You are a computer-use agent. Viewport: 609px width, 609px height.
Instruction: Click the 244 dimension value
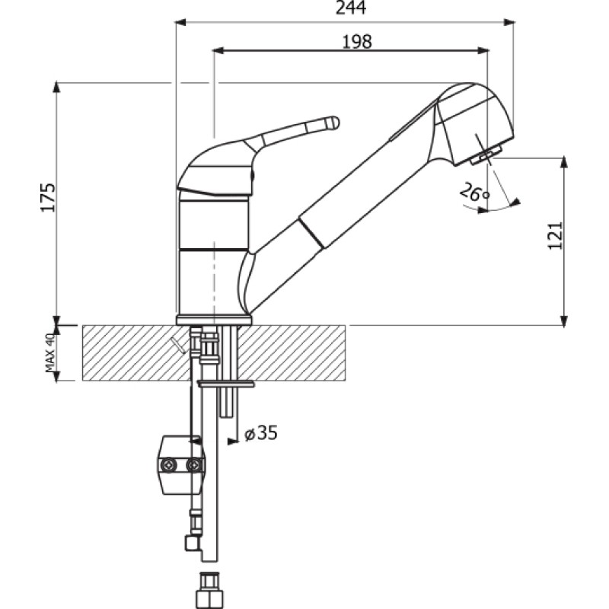coord(351,8)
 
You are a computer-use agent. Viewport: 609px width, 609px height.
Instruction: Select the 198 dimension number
coord(357,42)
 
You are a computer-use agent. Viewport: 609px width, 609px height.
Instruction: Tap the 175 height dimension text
coord(48,197)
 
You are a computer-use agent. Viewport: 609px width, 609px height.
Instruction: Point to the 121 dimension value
coord(555,236)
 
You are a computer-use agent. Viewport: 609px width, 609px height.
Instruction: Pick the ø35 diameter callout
coord(261,432)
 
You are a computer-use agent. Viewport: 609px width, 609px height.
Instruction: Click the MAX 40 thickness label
coord(51,352)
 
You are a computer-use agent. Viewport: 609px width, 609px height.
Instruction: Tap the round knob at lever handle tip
coord(333,123)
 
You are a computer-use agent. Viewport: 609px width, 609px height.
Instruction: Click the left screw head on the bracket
coord(169,465)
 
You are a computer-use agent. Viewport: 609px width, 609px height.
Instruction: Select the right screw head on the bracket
coord(194,465)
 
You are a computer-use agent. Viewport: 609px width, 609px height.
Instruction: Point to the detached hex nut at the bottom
coord(210,591)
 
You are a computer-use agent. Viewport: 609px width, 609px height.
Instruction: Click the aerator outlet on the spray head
coord(486,155)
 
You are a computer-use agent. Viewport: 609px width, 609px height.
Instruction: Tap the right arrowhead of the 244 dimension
coord(509,22)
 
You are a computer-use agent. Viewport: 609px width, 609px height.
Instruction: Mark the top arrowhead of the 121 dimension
coord(565,163)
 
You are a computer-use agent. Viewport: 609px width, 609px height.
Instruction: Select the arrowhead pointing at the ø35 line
coord(233,442)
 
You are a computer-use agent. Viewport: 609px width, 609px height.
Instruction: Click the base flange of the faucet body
coord(214,320)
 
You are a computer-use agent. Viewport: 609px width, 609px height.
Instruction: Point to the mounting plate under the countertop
coord(225,384)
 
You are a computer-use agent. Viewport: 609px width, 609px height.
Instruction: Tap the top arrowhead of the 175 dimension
coord(57,88)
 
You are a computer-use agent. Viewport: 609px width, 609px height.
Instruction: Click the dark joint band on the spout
coord(311,233)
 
